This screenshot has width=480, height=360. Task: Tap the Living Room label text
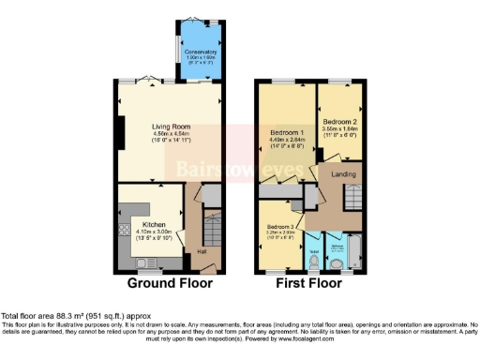[x=172, y=127]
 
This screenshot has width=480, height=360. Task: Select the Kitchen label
[x=154, y=225]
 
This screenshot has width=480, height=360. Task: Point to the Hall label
[x=201, y=252]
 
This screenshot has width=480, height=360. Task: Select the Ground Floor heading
[x=170, y=282]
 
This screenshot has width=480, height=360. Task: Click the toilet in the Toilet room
[x=313, y=258]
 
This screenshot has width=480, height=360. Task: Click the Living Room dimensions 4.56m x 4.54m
[x=172, y=134]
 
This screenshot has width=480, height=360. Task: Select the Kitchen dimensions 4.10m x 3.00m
[x=154, y=232]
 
